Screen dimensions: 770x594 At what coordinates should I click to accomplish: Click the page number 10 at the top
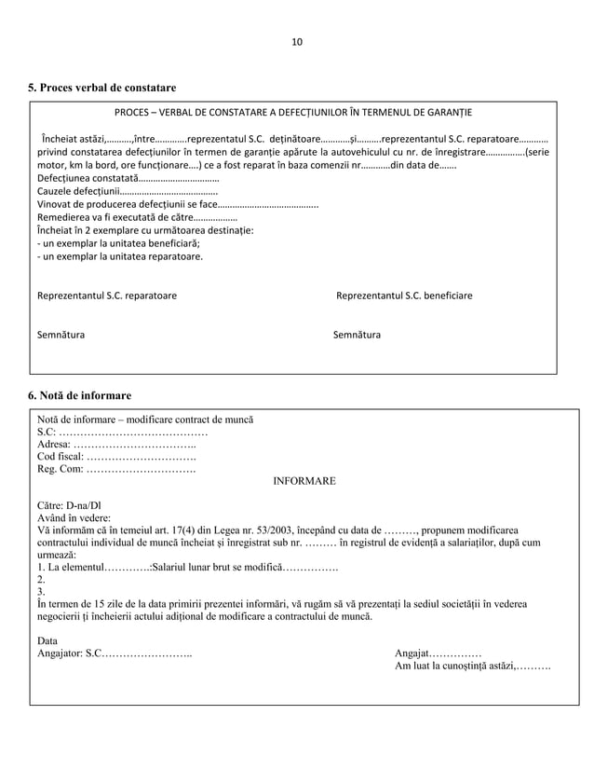(x=297, y=42)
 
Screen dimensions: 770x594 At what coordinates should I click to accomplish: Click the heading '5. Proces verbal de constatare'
(x=102, y=88)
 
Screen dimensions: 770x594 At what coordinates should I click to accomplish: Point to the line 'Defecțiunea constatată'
(x=128, y=177)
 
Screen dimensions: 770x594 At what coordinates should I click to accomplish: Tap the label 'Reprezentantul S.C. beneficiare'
(x=403, y=296)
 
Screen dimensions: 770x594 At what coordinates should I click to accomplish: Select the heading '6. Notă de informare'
(x=79, y=394)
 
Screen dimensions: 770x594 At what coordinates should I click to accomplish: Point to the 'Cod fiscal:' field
(x=116, y=457)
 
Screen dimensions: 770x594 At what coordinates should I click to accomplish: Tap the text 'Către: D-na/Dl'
(x=69, y=504)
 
